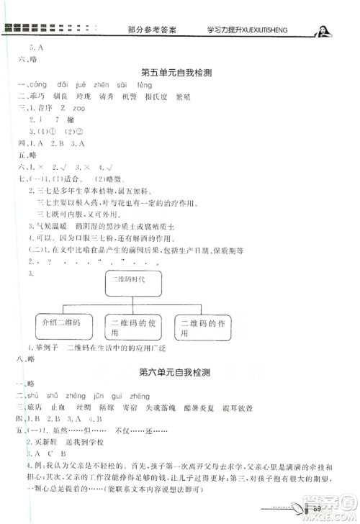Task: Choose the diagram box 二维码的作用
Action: [204, 327]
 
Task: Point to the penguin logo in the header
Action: [323, 29]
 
